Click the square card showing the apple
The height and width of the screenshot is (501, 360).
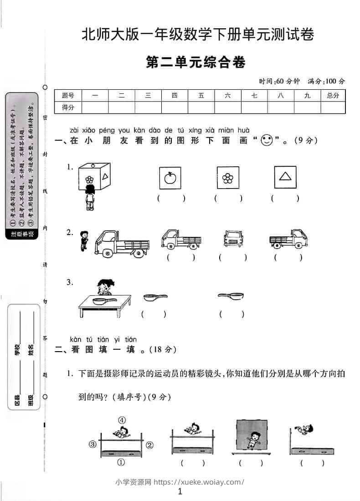coord(170,178)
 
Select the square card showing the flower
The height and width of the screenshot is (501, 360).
coord(227,178)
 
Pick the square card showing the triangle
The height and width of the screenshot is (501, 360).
coord(285,177)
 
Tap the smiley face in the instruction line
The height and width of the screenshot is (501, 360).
coord(266,141)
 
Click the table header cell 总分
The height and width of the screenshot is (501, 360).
coord(333,96)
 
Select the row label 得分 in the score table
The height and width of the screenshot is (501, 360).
coord(68,107)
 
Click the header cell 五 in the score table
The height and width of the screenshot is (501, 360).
coord(201,96)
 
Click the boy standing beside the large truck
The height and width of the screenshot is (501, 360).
coord(83,240)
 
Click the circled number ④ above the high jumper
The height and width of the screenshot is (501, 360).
coord(122,420)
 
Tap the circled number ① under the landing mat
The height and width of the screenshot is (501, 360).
coord(121,462)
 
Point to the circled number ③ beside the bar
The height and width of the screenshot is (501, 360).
coord(93,444)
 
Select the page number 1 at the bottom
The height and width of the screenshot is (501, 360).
coord(180,491)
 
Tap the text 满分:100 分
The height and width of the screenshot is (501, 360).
coord(326,81)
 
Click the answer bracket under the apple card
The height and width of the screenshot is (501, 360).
coord(171,198)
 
